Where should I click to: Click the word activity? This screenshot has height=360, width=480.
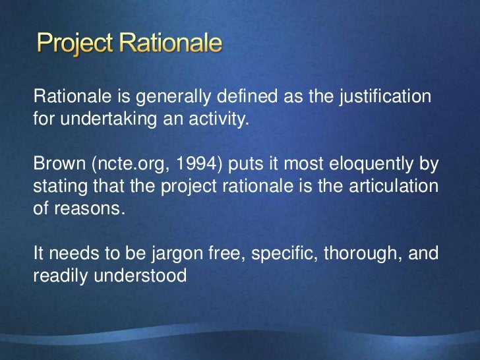coord(218,121)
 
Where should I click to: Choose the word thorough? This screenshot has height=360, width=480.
coord(355,254)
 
